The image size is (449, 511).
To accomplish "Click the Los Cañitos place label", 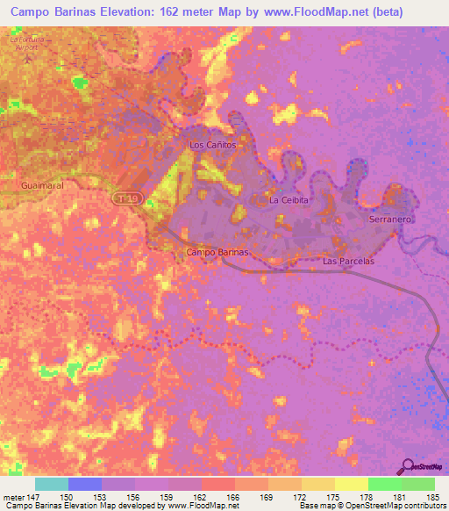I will click(214, 144).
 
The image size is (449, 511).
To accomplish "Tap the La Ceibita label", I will click(289, 200).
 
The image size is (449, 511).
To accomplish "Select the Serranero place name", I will click(390, 218).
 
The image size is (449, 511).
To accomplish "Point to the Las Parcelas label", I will click(348, 261).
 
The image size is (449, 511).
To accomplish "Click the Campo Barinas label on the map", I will click(218, 252).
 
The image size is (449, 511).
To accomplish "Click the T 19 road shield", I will click(125, 200).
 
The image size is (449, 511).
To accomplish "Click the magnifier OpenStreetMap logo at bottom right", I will click(408, 466).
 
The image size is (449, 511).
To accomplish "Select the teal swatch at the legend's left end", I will click(52, 484).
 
